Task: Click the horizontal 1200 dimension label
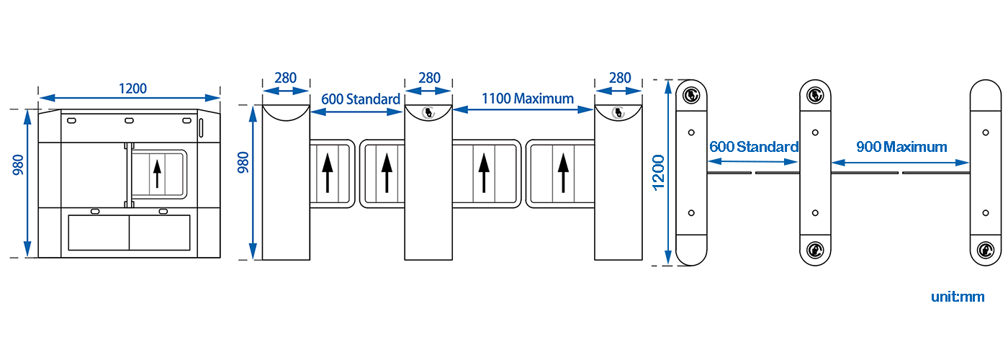(x=132, y=88)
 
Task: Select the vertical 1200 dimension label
(x=658, y=173)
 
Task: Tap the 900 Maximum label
(x=901, y=147)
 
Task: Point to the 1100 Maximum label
(x=527, y=99)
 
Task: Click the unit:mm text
(x=958, y=297)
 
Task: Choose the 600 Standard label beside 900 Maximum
(x=754, y=147)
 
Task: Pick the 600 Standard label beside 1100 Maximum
(x=361, y=99)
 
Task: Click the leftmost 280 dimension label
(x=286, y=78)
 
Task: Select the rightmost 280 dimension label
(x=620, y=78)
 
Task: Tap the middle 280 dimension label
(x=429, y=78)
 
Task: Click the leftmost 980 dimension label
(x=18, y=165)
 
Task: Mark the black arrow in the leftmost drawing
(x=157, y=174)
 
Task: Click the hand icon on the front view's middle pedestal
(x=428, y=112)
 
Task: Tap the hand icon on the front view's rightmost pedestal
(x=619, y=112)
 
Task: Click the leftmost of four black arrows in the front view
(x=328, y=173)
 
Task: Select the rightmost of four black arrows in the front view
(x=563, y=173)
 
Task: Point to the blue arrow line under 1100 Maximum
(x=523, y=109)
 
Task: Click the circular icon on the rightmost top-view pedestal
(x=986, y=249)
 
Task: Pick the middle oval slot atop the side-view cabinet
(x=129, y=121)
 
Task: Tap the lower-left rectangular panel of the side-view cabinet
(x=99, y=232)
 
